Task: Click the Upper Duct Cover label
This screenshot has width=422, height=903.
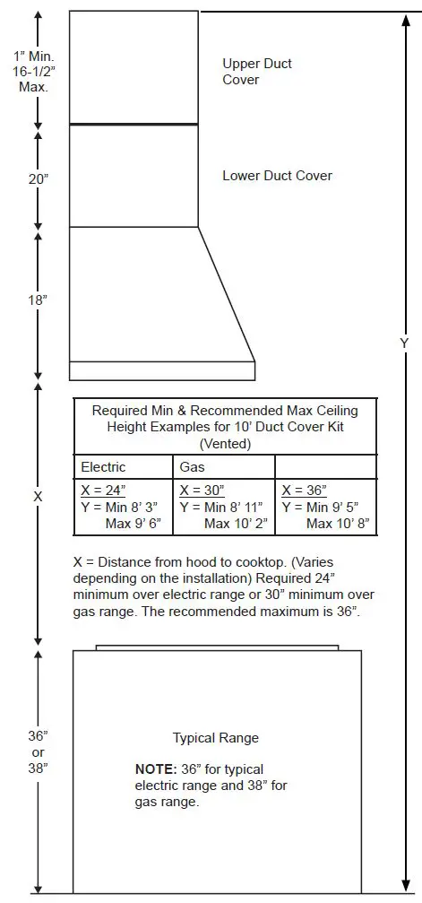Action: [257, 72]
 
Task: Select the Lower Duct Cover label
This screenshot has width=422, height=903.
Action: [277, 176]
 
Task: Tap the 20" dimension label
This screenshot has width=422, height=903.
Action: [39, 178]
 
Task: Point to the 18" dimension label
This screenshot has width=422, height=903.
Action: [39, 300]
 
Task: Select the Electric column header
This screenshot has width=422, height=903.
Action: [103, 467]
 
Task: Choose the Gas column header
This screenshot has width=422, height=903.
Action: [193, 467]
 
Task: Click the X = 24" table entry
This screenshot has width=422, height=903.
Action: [104, 491]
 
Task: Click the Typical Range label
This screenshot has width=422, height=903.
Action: [216, 738]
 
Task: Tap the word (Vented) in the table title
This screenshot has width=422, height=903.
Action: [225, 443]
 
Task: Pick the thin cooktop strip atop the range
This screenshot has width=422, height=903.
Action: [217, 647]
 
